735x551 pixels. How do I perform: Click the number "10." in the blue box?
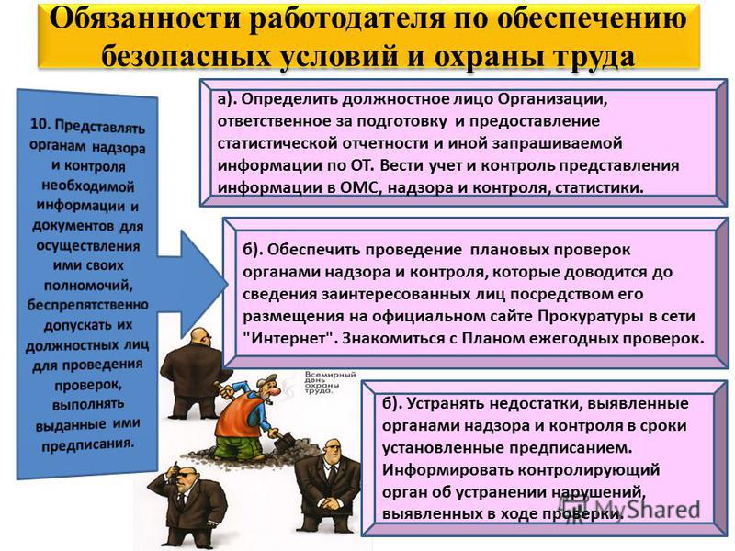pyautogui.click(x=40, y=124)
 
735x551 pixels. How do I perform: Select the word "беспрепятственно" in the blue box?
pyautogui.click(x=87, y=305)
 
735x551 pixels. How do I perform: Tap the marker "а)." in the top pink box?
pyautogui.click(x=228, y=99)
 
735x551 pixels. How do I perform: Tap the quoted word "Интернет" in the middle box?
pyautogui.click(x=289, y=338)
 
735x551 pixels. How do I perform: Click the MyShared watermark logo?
pyautogui.click(x=629, y=510)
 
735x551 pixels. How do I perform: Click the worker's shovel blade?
pyautogui.click(x=285, y=442)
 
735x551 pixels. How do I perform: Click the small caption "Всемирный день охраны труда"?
pyautogui.click(x=330, y=383)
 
